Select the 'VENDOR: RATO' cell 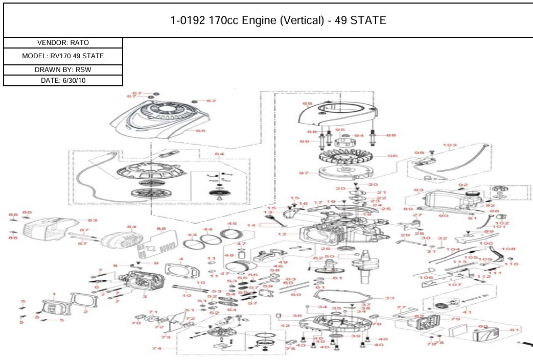click(63, 43)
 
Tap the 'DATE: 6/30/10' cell click(63, 80)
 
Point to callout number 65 click(200, 131)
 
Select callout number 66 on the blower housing click(307, 104)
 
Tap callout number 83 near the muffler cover click(92, 221)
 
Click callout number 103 click(450, 146)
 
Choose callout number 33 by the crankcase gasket click(389, 298)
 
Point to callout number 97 click(304, 173)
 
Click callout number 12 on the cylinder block click(295, 234)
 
